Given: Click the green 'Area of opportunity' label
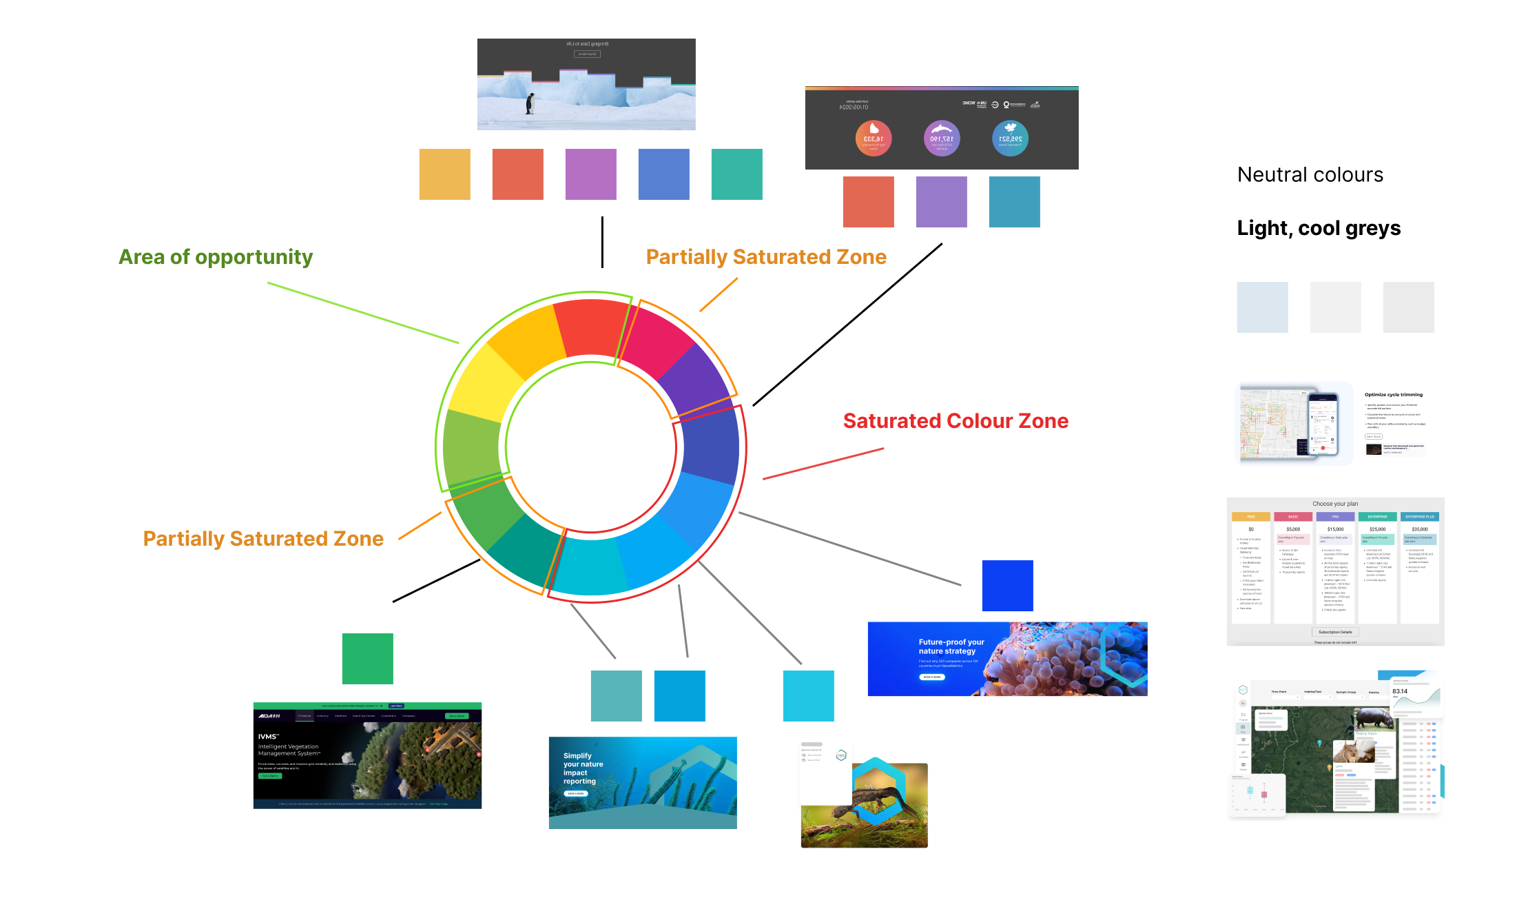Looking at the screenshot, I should (x=215, y=257).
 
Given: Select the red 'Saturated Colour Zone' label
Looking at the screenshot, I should (x=956, y=421).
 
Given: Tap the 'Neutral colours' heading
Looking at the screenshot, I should (x=1310, y=175).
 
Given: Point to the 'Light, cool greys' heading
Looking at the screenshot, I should (x=1319, y=228).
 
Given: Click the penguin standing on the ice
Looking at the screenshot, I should (x=530, y=103).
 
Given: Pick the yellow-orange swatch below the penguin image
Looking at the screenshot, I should (x=444, y=174).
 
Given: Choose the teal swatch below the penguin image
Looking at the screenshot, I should (x=736, y=174).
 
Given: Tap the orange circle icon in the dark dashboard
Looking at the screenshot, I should (x=874, y=139).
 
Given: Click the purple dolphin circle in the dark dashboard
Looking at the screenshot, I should (x=941, y=139).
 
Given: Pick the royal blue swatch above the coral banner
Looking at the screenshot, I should (x=1007, y=586).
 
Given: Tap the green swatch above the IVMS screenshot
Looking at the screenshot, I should (x=367, y=659).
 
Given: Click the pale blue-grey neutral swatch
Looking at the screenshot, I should (x=1262, y=307).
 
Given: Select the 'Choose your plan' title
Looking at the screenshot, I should (x=1335, y=504).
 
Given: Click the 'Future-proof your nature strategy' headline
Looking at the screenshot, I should (x=951, y=646).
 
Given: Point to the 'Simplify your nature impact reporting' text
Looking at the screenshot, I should (x=583, y=768).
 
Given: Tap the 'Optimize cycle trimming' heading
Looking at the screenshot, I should (x=1393, y=395).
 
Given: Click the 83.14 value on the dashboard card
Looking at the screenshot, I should (x=1400, y=691).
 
